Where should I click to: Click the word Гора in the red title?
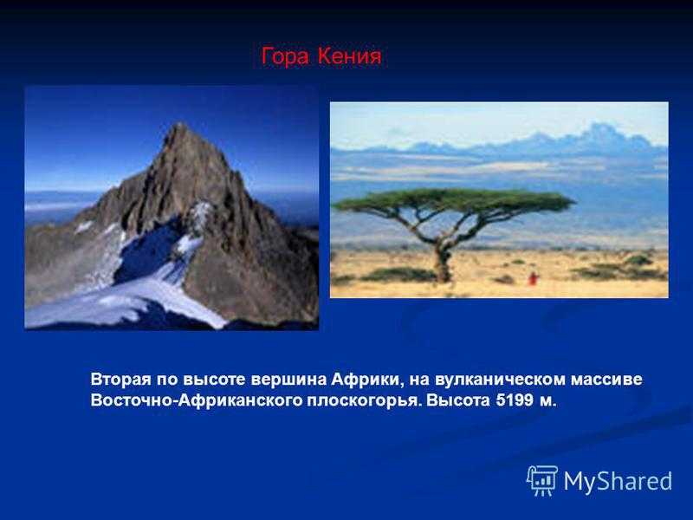click(x=285, y=57)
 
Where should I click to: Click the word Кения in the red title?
click(x=349, y=56)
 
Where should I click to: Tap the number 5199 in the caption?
click(x=515, y=400)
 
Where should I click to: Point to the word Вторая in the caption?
click(x=120, y=380)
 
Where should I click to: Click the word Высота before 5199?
click(x=457, y=400)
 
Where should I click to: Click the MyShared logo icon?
click(x=542, y=480)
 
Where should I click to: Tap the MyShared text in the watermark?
click(x=618, y=481)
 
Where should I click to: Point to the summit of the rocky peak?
click(x=179, y=124)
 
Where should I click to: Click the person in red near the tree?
click(x=534, y=278)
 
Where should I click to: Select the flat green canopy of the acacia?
click(x=454, y=200)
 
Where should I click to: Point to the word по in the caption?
click(x=166, y=380)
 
